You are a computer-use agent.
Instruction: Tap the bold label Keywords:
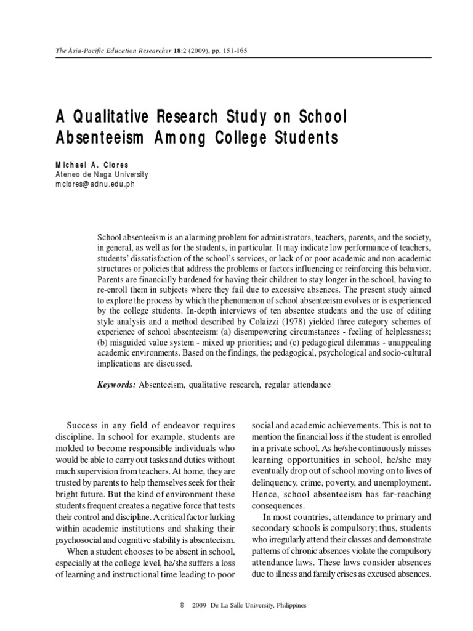coord(116,385)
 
